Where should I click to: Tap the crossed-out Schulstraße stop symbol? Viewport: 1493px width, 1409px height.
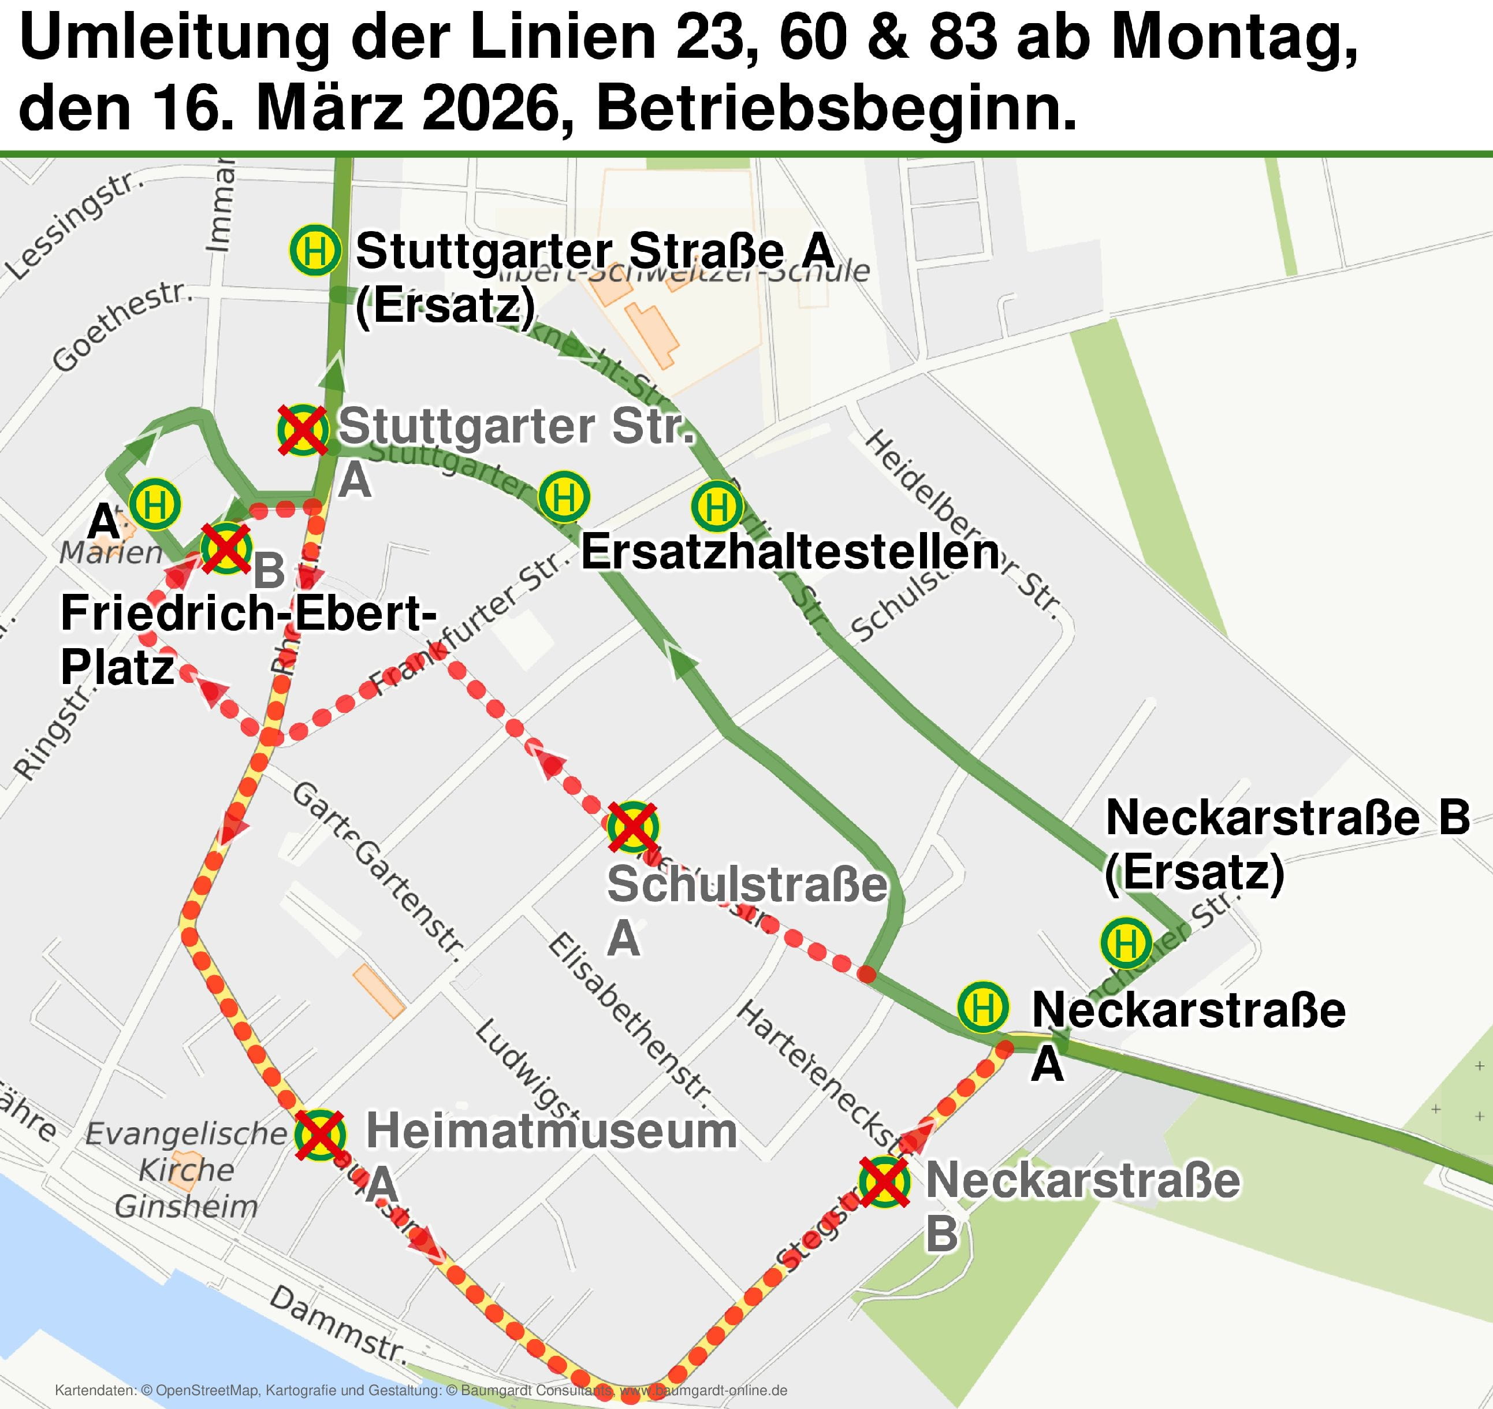pyautogui.click(x=633, y=826)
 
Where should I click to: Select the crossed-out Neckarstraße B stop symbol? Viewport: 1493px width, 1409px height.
pyautogui.click(x=885, y=1182)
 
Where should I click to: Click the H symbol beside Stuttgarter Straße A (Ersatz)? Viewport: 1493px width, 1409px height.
pyautogui.click(x=315, y=250)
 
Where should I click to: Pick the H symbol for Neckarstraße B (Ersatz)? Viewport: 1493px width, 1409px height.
pyautogui.click(x=1126, y=943)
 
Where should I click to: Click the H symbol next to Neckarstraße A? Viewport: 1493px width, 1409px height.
pyautogui.click(x=982, y=1007)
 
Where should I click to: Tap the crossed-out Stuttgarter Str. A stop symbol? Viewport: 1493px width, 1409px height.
pyautogui.click(x=303, y=430)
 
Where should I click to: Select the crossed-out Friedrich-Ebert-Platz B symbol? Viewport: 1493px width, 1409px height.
pyautogui.click(x=226, y=549)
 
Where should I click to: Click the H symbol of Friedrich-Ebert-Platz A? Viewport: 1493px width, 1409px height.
pyautogui.click(x=155, y=504)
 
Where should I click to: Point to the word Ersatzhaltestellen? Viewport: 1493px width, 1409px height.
pyautogui.click(x=790, y=552)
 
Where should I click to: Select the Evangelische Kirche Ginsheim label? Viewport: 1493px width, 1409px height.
pyautogui.click(x=185, y=1170)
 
